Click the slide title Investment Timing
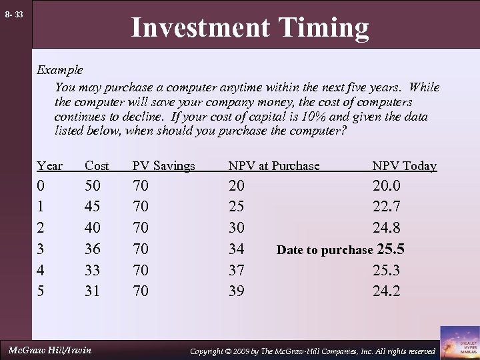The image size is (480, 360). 249,28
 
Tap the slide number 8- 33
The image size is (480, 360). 13,14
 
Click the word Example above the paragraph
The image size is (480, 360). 59,69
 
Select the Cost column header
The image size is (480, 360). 97,166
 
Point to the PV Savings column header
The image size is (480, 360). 163,166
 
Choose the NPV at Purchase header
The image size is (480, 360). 273,166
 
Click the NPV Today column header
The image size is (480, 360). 404,166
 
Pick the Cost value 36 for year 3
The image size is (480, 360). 94,249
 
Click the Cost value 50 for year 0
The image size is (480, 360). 94,185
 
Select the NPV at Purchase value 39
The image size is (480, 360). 236,291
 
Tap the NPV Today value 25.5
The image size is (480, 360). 391,249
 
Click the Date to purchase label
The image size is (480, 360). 325,251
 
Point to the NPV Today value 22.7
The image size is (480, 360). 387,207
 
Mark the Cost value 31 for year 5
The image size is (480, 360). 94,291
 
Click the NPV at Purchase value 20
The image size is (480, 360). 236,185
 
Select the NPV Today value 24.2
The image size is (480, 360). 387,291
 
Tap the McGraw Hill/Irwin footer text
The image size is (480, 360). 49,350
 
